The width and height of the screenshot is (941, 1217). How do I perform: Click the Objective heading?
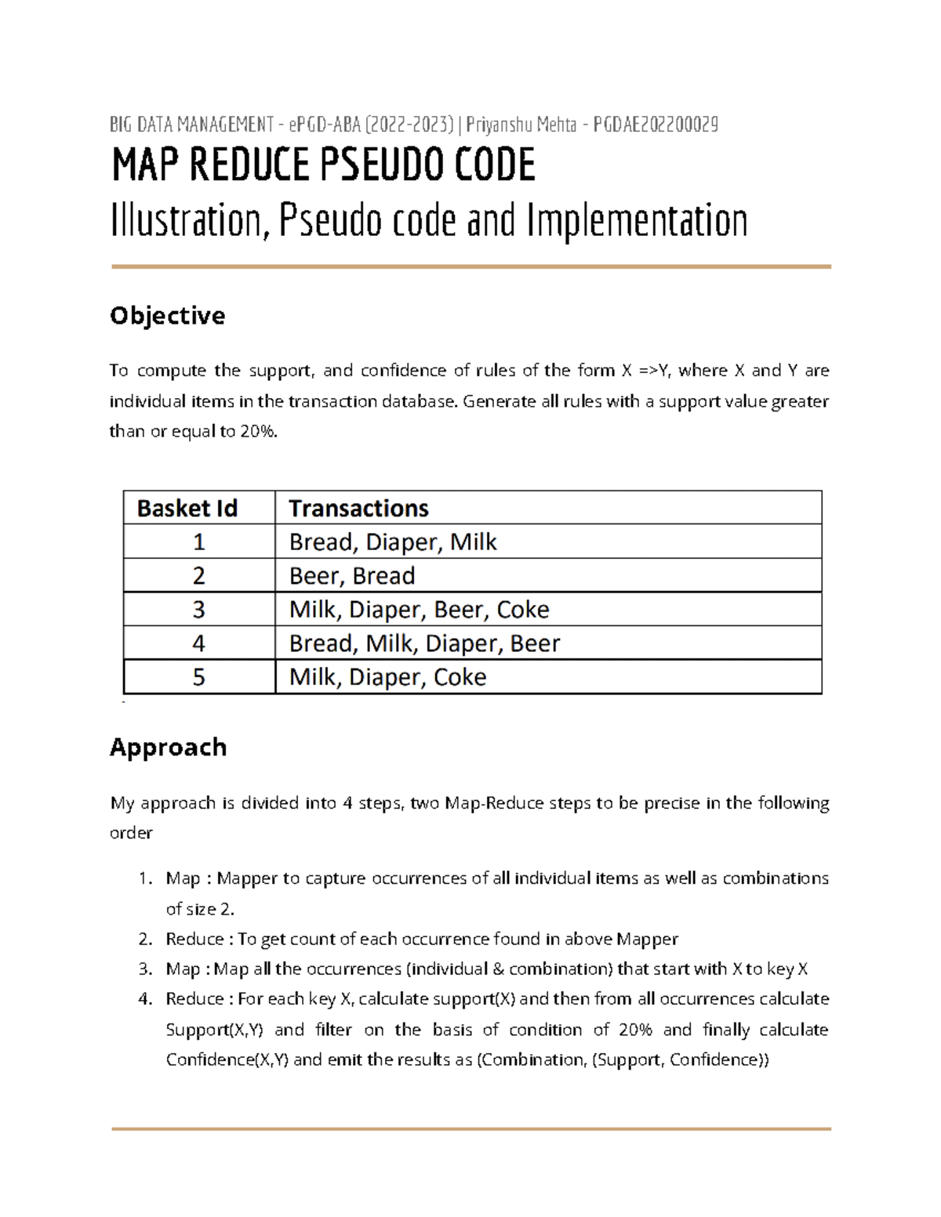tap(167, 316)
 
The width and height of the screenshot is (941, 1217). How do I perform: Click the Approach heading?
tap(168, 747)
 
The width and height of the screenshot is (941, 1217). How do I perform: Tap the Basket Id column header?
tap(187, 509)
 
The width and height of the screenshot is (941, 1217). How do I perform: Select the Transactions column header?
tap(358, 509)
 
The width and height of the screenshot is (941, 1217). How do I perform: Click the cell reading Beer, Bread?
tap(352, 576)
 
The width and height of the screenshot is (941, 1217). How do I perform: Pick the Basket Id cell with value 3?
tap(198, 610)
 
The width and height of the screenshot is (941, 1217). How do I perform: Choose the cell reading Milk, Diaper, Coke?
tap(387, 677)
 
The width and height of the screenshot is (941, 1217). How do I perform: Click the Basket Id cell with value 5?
tap(198, 677)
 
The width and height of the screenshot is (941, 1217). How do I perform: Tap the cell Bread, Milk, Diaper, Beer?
tap(424, 643)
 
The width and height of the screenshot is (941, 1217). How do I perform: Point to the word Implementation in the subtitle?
tap(637, 221)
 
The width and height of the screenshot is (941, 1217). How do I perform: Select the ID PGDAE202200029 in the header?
tap(656, 125)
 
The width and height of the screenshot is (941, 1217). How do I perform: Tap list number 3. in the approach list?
tap(145, 969)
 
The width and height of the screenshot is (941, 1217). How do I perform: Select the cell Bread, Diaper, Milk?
tap(393, 542)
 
